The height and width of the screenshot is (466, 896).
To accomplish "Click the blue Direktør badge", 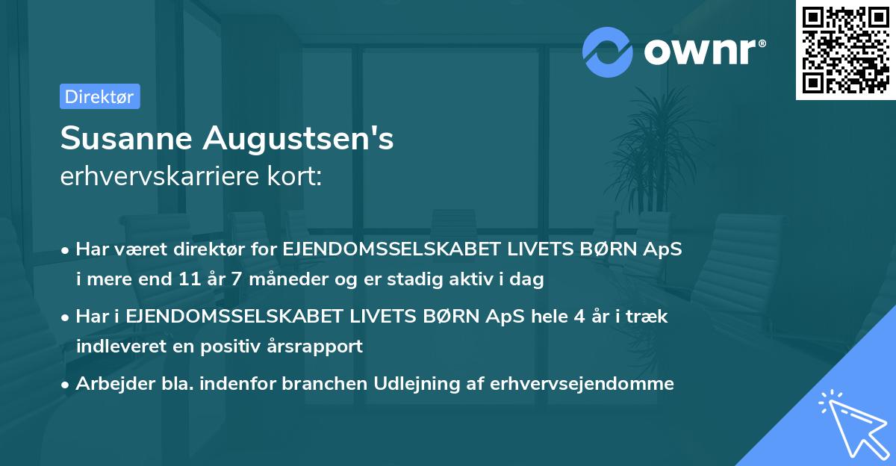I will pyautogui.click(x=99, y=96).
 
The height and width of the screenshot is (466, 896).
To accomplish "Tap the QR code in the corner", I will pyautogui.click(x=845, y=50).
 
